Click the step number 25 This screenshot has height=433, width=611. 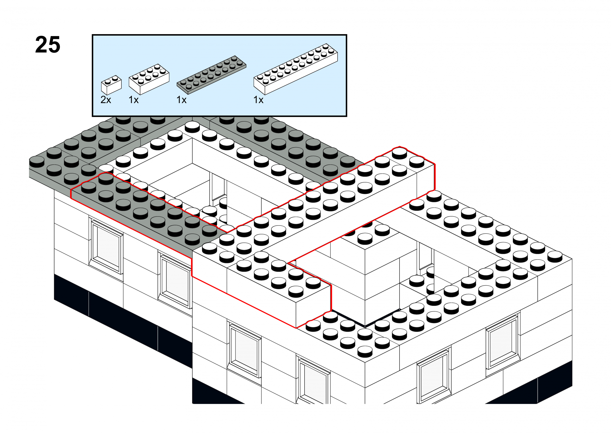[x=48, y=45]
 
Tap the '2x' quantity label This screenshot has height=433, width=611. [x=106, y=100]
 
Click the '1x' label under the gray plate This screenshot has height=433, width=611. [x=182, y=100]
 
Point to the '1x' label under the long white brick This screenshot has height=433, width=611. [x=258, y=100]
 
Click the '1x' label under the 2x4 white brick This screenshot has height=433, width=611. [x=134, y=100]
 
